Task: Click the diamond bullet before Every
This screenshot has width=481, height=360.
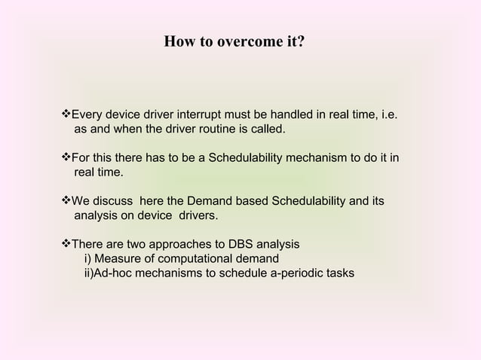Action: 64,115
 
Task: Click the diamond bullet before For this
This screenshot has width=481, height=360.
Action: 64,158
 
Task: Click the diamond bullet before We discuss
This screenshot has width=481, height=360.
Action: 64,201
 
